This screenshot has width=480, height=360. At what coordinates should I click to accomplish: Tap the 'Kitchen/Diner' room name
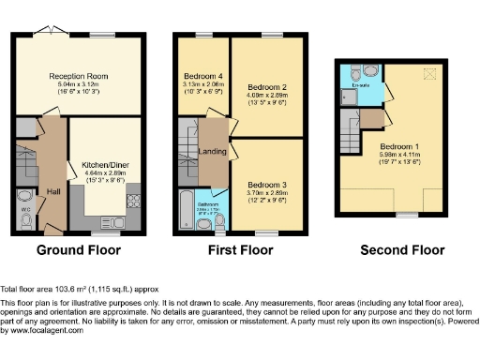[x=105, y=163]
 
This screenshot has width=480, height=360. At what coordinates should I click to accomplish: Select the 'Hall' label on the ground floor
[x=53, y=193]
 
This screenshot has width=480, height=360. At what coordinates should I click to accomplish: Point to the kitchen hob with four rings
[x=133, y=200]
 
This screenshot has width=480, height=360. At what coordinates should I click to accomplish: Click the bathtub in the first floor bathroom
[x=184, y=211]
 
